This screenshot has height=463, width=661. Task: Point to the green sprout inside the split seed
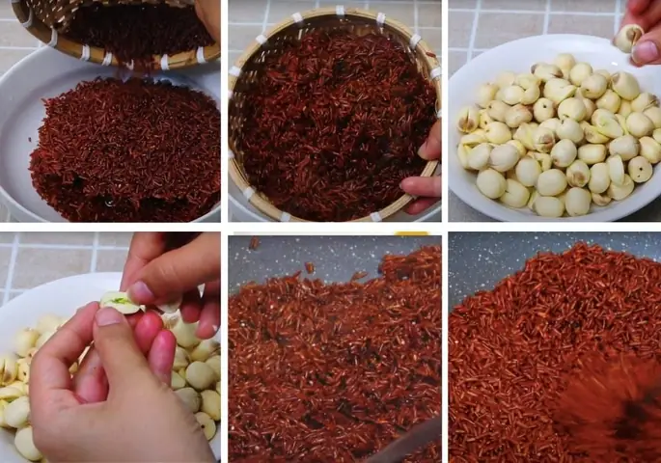118,302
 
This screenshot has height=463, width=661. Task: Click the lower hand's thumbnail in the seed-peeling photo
109,317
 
